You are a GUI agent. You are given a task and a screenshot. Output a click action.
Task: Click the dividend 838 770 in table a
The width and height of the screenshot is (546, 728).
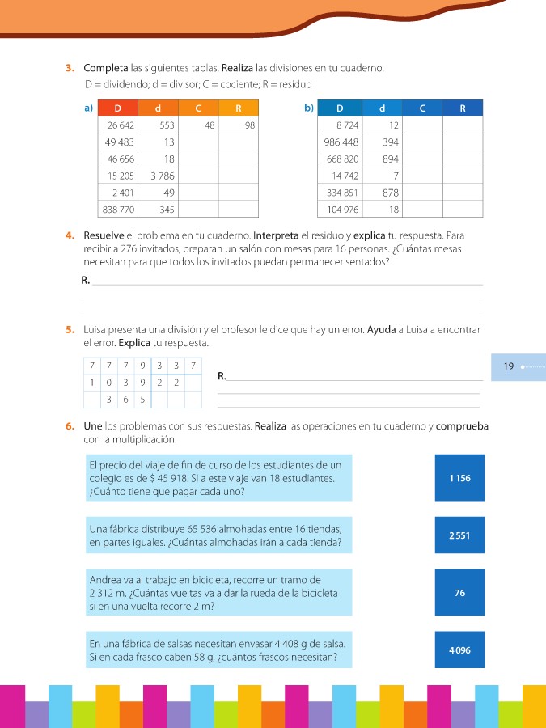(118, 210)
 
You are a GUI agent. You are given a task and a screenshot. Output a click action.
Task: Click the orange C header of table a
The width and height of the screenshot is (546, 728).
(198, 108)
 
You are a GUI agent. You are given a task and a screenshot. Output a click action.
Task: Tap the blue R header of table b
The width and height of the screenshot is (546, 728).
(462, 108)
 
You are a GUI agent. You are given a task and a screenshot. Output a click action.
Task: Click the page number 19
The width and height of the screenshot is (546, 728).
(508, 366)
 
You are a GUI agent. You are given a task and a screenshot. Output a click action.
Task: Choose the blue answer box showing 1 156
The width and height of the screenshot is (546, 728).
(459, 478)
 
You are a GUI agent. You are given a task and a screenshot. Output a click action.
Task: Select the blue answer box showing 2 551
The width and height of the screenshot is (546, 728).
(459, 535)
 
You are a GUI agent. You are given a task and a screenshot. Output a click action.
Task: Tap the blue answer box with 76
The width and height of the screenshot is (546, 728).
(459, 593)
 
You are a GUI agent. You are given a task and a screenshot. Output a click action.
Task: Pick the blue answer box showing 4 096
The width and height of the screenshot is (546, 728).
(459, 650)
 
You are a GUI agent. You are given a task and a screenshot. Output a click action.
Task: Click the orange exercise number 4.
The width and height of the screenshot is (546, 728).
(70, 235)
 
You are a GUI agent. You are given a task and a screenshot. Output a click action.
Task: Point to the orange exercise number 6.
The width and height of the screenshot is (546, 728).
(70, 425)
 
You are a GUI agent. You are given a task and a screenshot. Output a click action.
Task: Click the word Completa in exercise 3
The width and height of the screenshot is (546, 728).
(105, 68)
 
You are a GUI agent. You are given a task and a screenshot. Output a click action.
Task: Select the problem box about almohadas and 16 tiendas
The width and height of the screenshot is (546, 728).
(218, 535)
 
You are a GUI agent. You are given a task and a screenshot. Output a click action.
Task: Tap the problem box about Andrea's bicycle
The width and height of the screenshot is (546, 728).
(218, 592)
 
